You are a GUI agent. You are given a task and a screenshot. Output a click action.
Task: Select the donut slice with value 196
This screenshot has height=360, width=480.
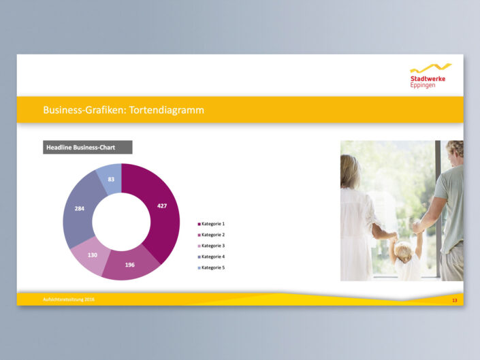point(130,265)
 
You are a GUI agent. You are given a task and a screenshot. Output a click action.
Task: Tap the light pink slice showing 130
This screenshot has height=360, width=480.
point(92,255)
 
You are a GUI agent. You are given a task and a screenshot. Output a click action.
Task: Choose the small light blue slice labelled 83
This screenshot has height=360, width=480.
point(111,179)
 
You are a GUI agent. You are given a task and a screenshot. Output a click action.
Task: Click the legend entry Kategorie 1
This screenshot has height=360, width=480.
point(211,224)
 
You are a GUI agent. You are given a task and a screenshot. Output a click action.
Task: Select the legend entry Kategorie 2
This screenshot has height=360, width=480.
point(211,235)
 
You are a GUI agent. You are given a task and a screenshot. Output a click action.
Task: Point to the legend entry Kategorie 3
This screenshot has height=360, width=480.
point(211,246)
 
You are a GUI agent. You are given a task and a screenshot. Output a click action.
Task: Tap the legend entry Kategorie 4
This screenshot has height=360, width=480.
point(211,257)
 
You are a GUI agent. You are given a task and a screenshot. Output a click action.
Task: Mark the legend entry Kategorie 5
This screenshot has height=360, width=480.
point(211,268)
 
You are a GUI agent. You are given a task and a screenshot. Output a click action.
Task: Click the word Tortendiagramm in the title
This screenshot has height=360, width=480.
point(167,110)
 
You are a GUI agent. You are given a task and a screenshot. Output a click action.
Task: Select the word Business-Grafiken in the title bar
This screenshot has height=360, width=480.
point(84,110)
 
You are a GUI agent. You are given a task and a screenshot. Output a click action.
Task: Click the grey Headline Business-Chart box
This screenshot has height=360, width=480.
point(88,148)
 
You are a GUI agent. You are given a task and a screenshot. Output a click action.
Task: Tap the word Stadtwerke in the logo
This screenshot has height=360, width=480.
point(428,79)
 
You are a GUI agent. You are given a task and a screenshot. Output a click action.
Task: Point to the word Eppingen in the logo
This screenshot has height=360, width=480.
point(423,85)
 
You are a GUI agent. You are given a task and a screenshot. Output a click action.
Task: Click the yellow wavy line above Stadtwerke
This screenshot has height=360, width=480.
point(431,68)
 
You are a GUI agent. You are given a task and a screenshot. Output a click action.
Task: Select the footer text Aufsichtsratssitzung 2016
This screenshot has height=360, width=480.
point(69,299)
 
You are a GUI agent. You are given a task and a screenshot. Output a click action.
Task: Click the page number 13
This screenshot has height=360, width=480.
point(455,300)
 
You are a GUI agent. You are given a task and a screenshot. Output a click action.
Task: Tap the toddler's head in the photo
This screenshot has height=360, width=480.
point(404,251)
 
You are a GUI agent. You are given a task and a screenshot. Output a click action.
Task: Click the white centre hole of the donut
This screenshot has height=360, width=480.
point(121,222)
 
